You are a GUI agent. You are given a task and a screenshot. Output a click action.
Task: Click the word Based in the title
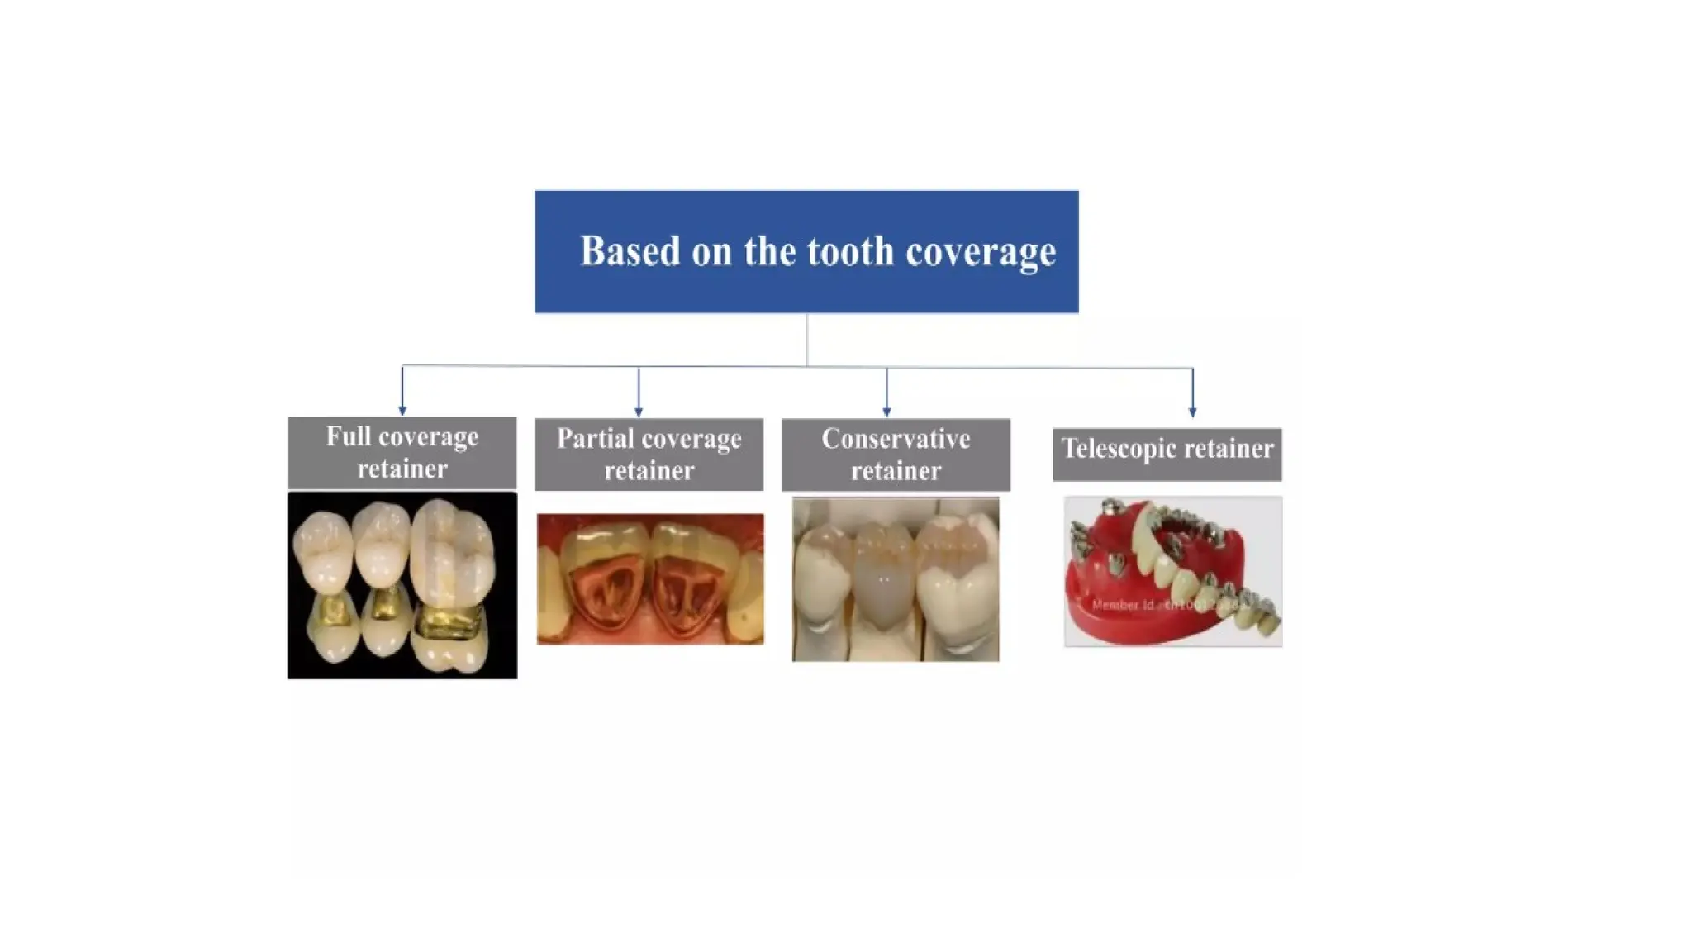(630, 251)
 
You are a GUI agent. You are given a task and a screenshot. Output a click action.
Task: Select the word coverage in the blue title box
(981, 252)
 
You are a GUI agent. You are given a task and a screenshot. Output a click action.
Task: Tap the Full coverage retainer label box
(402, 453)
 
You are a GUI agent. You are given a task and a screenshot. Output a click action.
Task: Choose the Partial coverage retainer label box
(649, 455)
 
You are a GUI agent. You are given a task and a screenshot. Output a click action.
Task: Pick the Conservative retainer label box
(896, 455)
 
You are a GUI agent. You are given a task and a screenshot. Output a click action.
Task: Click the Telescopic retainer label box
(1167, 454)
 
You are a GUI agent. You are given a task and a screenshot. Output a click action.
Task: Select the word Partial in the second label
(594, 438)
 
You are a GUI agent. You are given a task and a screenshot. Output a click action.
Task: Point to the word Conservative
(896, 439)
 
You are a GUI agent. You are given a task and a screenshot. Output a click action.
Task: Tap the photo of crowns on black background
(402, 585)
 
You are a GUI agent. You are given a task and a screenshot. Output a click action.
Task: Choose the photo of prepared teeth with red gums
(650, 578)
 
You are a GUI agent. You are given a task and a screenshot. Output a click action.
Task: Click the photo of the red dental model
(1173, 571)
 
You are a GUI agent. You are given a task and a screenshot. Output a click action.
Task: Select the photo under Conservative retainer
(896, 578)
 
